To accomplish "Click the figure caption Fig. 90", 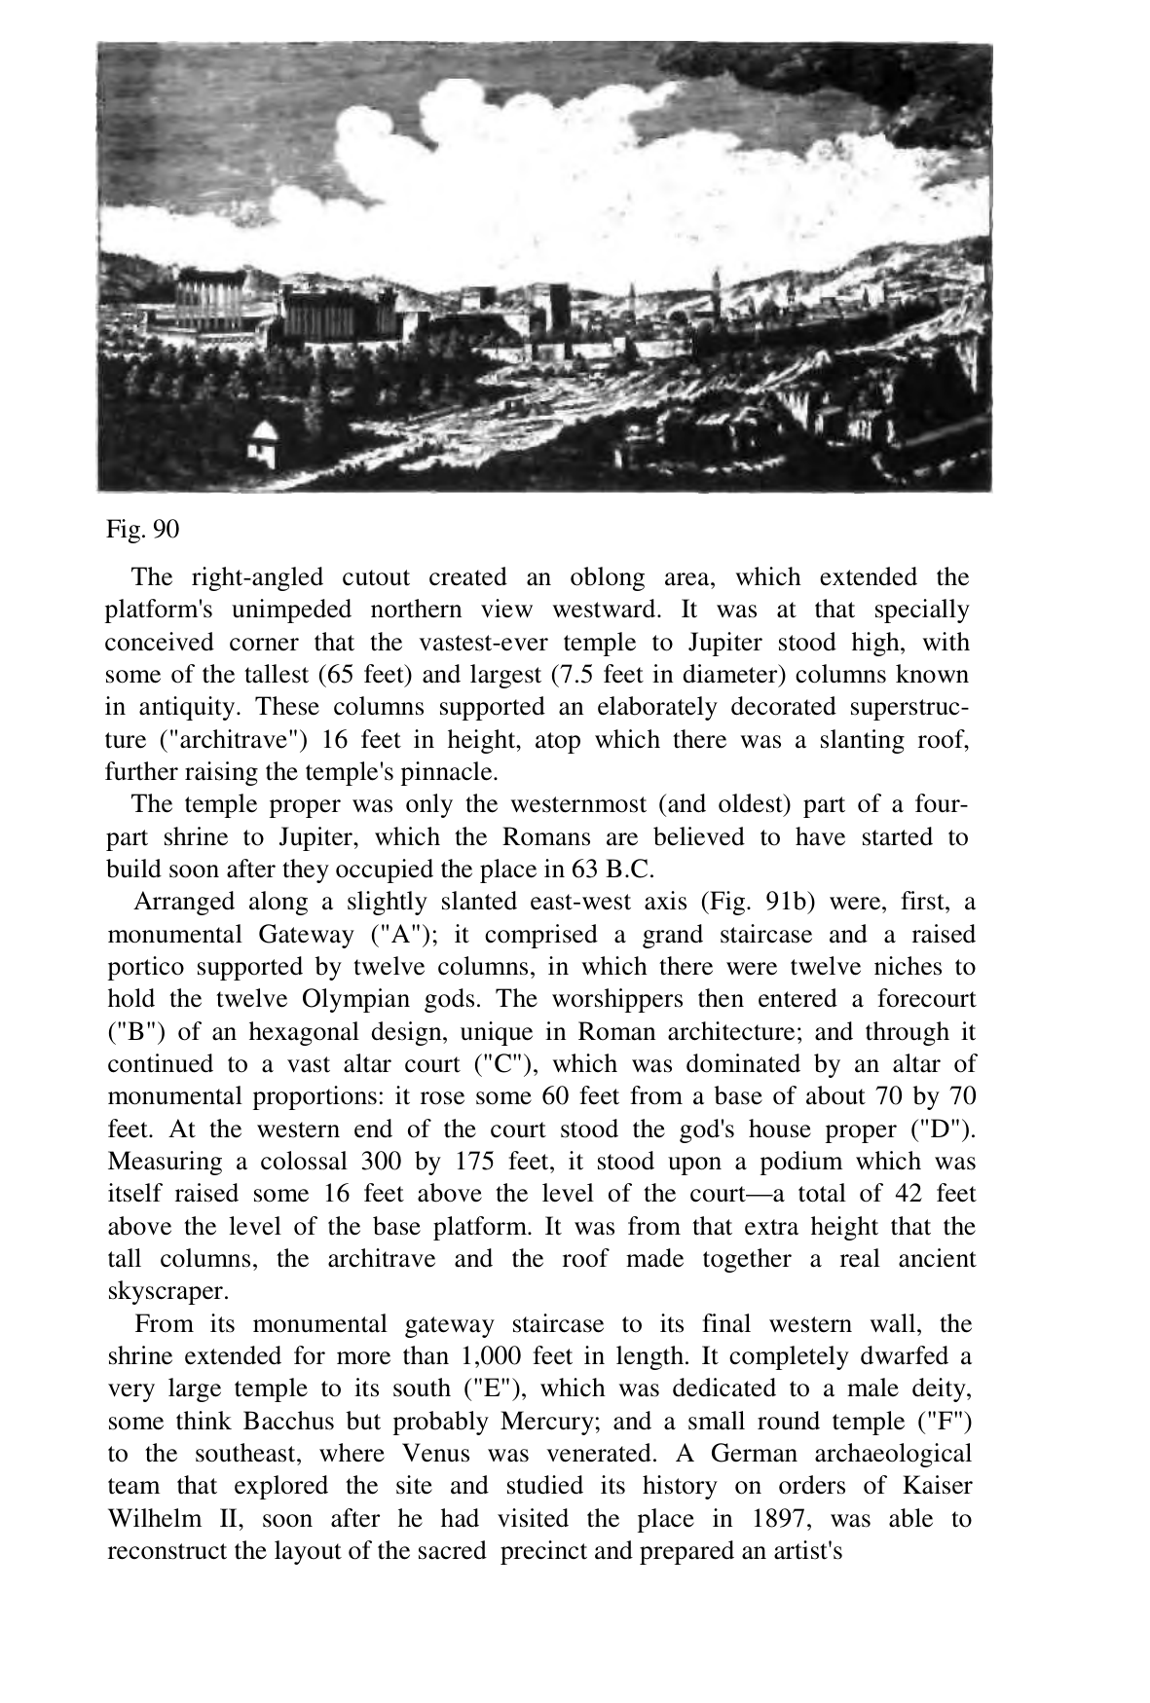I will point(142,530).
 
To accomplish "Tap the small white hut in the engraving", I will point(263,443).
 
